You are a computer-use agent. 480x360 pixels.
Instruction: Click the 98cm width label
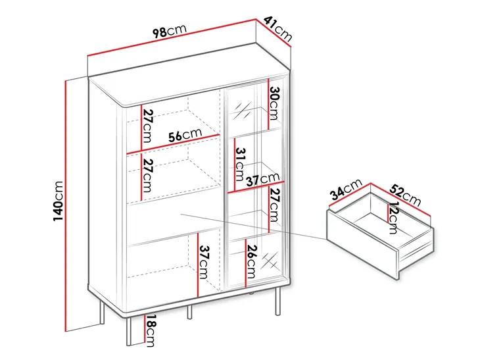(170, 31)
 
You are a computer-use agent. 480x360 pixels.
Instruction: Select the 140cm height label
(58, 201)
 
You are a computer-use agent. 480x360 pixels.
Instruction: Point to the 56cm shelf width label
(185, 135)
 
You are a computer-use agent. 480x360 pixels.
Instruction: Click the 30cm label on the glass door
(274, 103)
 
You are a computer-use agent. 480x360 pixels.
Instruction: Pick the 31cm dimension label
(241, 165)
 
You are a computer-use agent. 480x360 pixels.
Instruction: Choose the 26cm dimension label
(251, 261)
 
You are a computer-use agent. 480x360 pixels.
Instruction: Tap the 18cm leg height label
(151, 330)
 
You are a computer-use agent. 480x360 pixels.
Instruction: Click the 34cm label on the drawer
(346, 190)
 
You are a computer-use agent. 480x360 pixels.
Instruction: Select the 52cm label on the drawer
(405, 195)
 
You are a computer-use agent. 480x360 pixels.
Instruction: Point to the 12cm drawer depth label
(393, 218)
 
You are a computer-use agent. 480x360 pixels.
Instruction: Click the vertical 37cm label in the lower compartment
(204, 262)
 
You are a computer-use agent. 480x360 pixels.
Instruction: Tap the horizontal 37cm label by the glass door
(263, 179)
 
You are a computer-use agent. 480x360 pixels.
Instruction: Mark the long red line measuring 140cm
(65, 206)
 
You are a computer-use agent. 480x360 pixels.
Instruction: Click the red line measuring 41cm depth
(273, 33)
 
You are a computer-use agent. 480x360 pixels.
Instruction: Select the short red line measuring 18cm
(145, 329)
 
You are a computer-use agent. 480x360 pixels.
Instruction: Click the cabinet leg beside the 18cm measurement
(129, 332)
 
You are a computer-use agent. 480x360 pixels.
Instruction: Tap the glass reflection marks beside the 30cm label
(243, 111)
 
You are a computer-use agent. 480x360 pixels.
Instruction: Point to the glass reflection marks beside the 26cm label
(270, 261)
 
